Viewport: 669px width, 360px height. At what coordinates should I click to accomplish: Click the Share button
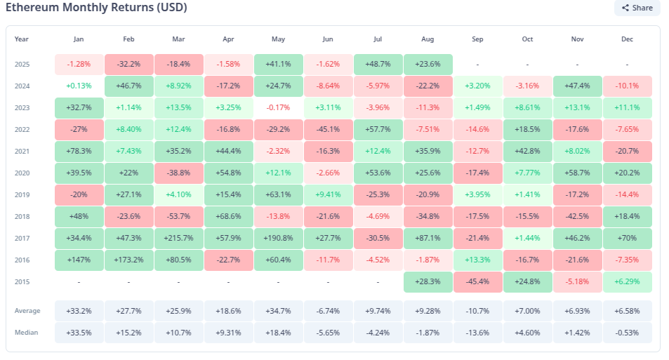637,8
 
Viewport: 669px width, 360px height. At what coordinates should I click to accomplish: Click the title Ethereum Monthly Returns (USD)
96,8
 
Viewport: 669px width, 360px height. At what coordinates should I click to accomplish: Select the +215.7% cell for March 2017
179,238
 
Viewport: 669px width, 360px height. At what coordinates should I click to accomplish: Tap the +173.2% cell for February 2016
129,260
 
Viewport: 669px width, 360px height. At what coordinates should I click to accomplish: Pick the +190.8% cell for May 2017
279,238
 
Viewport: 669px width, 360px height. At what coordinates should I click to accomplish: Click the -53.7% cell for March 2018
179,216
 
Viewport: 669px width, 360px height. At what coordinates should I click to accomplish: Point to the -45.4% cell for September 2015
478,281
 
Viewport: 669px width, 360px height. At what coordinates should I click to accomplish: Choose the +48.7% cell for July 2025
378,64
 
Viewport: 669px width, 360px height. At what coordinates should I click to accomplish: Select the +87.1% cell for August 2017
428,238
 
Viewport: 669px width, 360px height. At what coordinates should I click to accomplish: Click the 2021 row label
22,151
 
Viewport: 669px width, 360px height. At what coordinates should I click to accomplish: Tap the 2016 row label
22,260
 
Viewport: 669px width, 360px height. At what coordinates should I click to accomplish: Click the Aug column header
428,39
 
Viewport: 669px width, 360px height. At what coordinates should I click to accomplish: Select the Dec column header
627,39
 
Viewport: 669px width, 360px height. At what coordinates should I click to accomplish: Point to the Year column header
22,39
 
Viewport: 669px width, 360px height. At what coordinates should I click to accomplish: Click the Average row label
27,311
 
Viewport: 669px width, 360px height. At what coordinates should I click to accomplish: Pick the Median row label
27,333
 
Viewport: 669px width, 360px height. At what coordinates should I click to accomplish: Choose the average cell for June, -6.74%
329,311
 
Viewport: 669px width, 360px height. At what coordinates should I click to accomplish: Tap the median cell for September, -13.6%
478,333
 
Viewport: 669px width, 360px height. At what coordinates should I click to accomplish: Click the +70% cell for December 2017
627,238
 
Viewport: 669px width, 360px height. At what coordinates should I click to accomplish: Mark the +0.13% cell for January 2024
79,86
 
